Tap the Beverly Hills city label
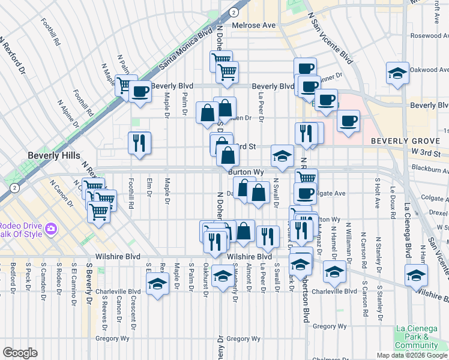(x=53, y=155)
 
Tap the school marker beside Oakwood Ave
(x=397, y=73)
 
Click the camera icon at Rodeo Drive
(x=50, y=229)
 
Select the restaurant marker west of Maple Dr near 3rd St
(x=139, y=143)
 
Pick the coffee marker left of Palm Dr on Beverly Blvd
(x=141, y=92)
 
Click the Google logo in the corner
(x=20, y=352)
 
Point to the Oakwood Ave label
(x=430, y=70)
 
